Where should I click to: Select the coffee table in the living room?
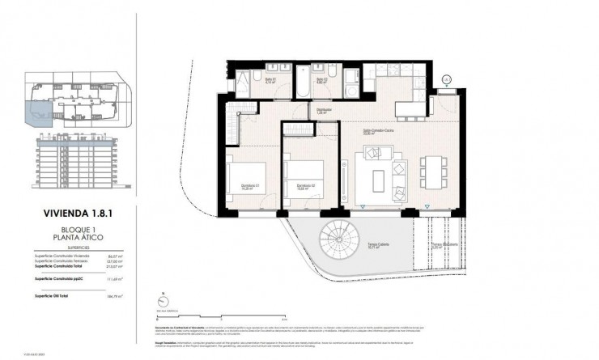(380, 177)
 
